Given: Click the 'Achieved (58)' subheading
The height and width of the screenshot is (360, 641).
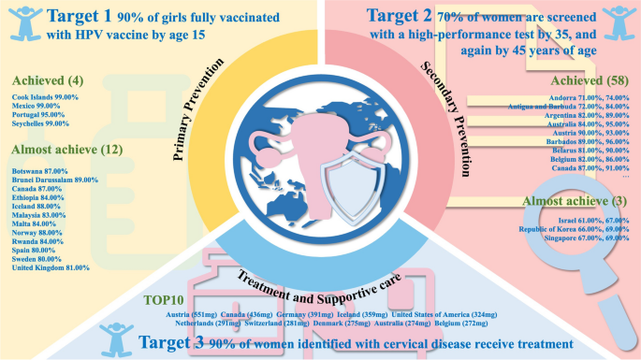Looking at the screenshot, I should pyautogui.click(x=589, y=81).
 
